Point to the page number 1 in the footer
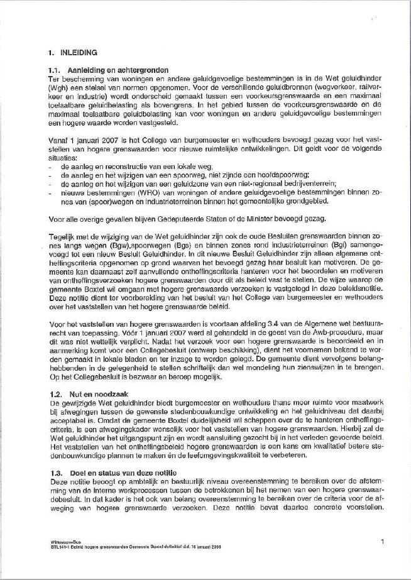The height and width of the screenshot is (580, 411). pos(382,540)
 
